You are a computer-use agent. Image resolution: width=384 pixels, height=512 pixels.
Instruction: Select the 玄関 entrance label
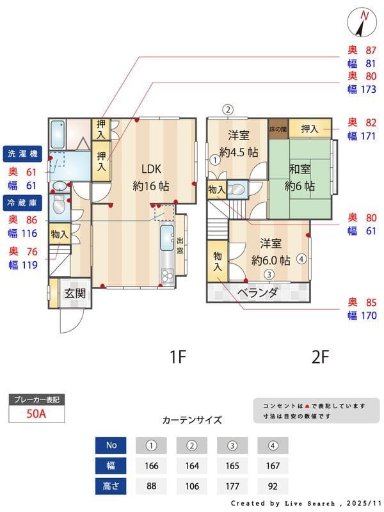(x=74, y=294)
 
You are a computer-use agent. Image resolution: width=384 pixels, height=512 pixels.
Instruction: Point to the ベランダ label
(x=257, y=293)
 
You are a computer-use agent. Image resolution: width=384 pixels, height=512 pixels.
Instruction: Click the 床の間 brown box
(x=278, y=129)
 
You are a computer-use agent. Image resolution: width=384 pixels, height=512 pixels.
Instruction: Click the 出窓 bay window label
(x=180, y=246)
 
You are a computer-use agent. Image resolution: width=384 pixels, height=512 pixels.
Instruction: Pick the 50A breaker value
(x=36, y=413)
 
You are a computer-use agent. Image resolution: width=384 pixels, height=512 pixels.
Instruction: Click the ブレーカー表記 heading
(x=36, y=399)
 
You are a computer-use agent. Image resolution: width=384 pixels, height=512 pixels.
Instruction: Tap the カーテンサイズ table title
(x=192, y=420)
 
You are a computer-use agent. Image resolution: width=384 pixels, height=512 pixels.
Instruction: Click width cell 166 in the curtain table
(x=151, y=466)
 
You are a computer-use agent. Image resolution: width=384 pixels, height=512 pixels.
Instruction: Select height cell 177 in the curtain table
(x=232, y=486)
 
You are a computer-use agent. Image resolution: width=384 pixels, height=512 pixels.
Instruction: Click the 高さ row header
(x=111, y=486)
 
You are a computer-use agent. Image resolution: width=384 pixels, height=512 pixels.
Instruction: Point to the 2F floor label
(x=320, y=357)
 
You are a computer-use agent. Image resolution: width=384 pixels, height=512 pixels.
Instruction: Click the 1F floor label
(x=177, y=357)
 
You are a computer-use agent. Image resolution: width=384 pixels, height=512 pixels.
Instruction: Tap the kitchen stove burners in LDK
(x=166, y=276)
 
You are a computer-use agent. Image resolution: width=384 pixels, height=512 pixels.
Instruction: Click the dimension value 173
(x=367, y=89)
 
